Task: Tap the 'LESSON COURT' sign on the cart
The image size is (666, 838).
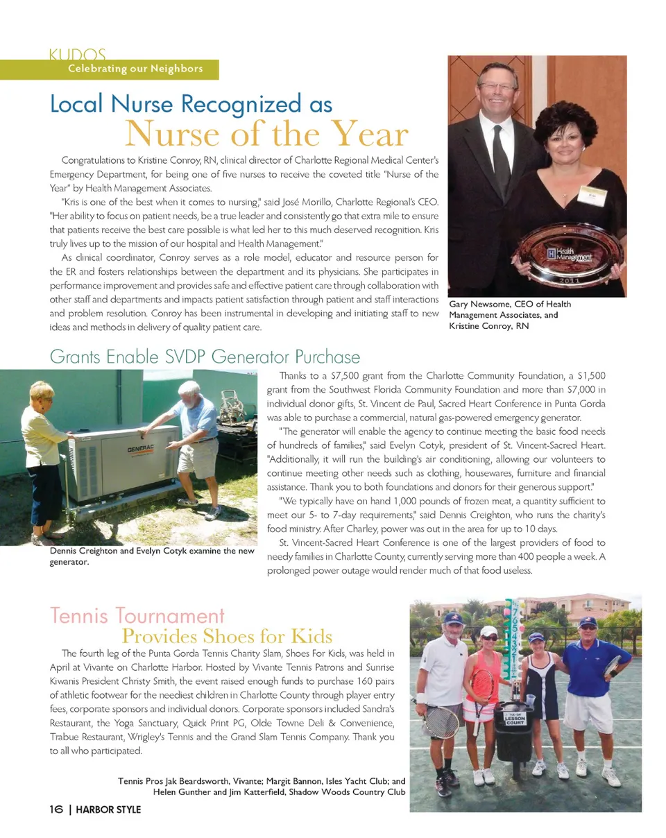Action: click(515, 719)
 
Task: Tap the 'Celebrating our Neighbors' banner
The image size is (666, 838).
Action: click(135, 68)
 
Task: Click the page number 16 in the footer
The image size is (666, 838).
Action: click(56, 810)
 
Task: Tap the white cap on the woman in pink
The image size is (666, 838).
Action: click(489, 631)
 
